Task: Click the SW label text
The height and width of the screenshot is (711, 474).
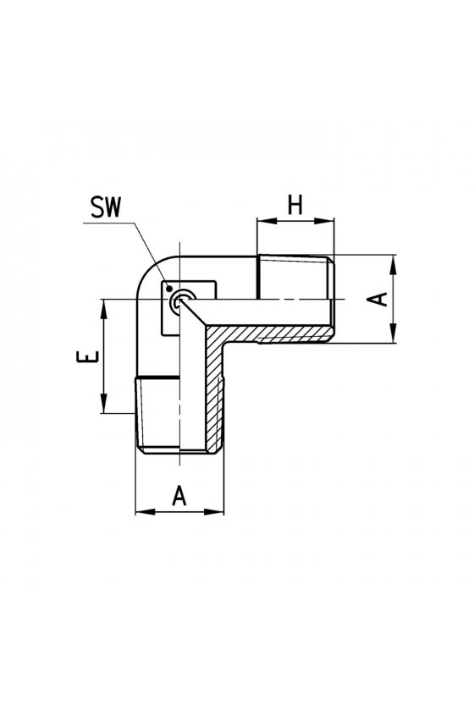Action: pyautogui.click(x=106, y=207)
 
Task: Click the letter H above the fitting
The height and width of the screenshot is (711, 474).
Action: pyautogui.click(x=295, y=206)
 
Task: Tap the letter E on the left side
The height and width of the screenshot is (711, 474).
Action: pyautogui.click(x=87, y=356)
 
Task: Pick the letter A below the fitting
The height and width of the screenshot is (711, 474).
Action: pyautogui.click(x=179, y=496)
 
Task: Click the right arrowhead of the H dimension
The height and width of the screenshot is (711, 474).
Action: pyautogui.click(x=325, y=221)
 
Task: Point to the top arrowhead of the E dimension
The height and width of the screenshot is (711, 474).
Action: pyautogui.click(x=104, y=309)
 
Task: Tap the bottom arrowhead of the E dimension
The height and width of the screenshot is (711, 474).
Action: pyautogui.click(x=104, y=403)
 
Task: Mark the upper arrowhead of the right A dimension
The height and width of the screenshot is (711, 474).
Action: pyautogui.click(x=394, y=264)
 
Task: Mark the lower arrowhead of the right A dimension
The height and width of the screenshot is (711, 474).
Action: pyautogui.click(x=394, y=333)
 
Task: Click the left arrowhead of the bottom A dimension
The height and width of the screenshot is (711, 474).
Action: pyautogui.click(x=145, y=511)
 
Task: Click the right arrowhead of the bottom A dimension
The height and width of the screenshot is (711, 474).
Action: pyautogui.click(x=214, y=511)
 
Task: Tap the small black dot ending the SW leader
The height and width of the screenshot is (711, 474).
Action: pyautogui.click(x=168, y=288)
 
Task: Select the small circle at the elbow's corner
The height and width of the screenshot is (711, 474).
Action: pyautogui.click(x=179, y=300)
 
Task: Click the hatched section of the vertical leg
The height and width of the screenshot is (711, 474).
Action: pyautogui.click(x=216, y=390)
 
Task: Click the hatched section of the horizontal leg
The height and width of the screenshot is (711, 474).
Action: pyautogui.click(x=277, y=333)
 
